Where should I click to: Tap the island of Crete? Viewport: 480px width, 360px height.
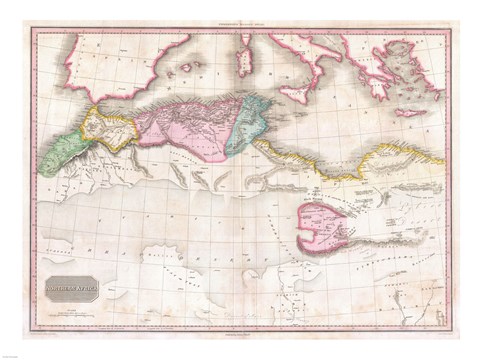(411, 112)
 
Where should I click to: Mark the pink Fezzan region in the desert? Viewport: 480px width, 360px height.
(324, 227)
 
